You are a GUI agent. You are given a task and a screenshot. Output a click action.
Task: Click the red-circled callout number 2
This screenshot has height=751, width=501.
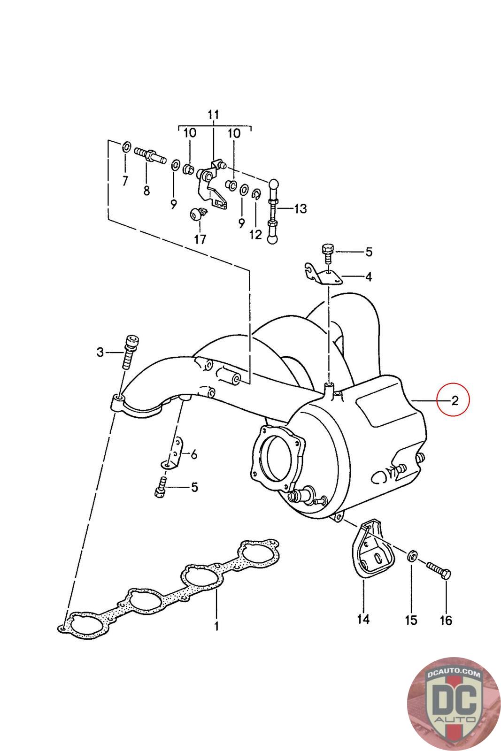[x=455, y=400]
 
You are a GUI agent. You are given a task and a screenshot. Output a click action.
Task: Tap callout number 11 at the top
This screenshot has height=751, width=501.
[x=213, y=115]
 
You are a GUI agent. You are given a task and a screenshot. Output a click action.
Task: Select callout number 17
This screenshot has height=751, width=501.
[x=200, y=239]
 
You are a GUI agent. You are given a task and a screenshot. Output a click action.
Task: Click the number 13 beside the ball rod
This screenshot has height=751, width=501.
[x=300, y=208]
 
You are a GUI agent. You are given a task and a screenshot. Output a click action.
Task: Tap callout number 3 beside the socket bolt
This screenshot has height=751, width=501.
[x=100, y=353]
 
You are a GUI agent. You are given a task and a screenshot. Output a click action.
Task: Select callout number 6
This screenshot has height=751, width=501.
[x=193, y=455]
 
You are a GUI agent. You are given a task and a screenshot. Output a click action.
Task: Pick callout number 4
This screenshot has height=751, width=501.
[x=368, y=277]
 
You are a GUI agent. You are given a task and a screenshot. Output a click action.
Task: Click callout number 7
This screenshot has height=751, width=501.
[x=125, y=181]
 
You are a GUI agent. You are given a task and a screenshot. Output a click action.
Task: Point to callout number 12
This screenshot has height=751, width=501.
[x=255, y=234]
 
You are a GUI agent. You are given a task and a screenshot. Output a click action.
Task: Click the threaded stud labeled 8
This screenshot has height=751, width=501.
[x=150, y=155]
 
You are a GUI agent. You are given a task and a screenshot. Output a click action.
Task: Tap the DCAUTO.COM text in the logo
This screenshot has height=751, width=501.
[x=454, y=673]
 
